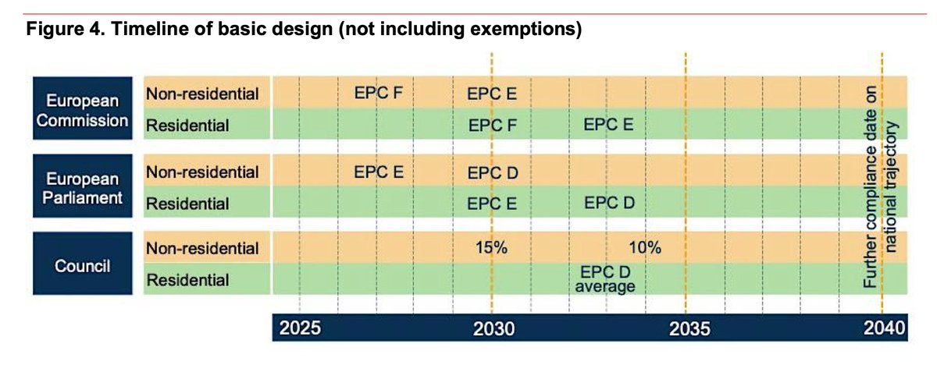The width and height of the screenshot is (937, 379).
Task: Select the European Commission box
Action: (82, 110)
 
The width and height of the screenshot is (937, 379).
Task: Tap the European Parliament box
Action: (82, 188)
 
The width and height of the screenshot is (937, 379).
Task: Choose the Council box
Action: (82, 264)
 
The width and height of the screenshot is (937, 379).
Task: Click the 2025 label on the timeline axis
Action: (301, 328)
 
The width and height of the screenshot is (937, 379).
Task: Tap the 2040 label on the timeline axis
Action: (883, 328)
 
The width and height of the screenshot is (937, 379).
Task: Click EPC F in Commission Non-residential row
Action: (378, 94)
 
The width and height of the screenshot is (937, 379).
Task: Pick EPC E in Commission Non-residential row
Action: (492, 94)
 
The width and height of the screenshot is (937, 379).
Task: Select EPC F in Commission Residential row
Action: (492, 125)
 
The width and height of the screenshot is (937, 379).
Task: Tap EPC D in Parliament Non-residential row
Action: (492, 172)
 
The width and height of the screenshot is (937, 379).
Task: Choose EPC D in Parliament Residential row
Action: (608, 203)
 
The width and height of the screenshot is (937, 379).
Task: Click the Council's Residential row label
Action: (187, 280)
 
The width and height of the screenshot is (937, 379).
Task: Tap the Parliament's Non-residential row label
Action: (202, 172)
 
